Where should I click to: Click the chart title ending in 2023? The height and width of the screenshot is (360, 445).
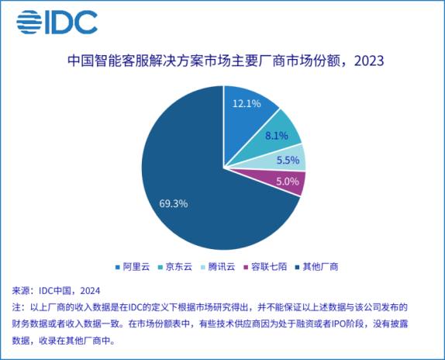[x=222, y=61]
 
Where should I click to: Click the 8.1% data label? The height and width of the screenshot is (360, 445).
[x=277, y=135]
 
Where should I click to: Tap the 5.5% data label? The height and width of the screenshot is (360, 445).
[x=288, y=160]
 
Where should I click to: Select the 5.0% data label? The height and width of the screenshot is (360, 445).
[x=288, y=181]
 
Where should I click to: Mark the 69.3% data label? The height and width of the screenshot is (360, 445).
[x=173, y=203]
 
